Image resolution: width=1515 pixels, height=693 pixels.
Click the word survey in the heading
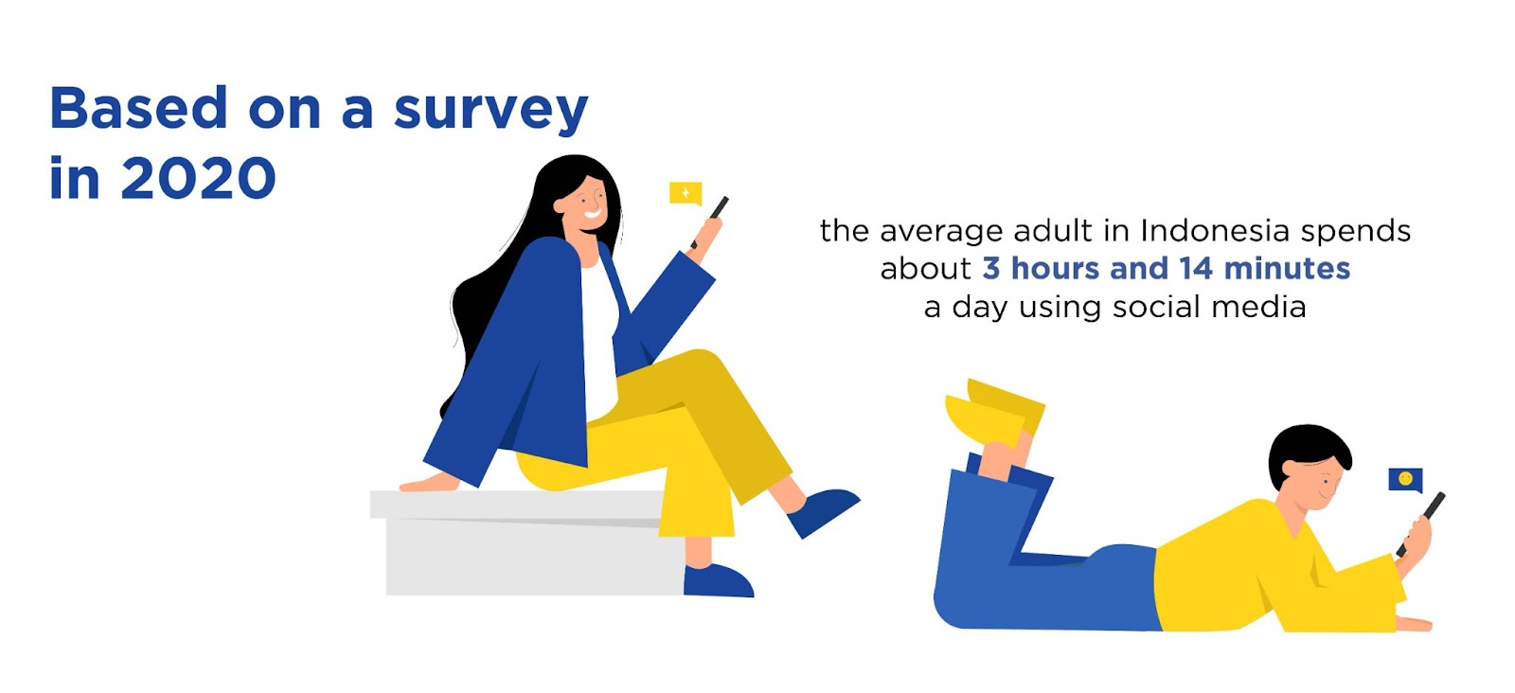click(x=491, y=110)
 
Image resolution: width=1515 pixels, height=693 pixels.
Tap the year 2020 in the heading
click(x=198, y=179)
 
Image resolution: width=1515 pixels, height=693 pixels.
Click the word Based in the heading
click(x=138, y=108)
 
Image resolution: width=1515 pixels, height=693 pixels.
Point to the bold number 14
click(x=1196, y=269)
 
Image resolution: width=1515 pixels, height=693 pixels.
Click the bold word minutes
click(x=1287, y=269)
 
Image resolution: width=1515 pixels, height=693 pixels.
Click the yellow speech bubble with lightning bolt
click(x=686, y=193)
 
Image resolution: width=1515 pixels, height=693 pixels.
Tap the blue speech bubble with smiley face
click(x=1405, y=479)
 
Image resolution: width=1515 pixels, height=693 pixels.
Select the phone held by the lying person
click(x=1422, y=523)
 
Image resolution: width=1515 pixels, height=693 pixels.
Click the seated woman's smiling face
click(x=585, y=204)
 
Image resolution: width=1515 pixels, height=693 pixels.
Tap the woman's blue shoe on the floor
click(x=718, y=581)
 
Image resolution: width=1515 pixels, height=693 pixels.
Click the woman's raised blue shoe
click(x=822, y=512)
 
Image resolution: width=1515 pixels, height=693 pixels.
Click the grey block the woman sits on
click(x=527, y=542)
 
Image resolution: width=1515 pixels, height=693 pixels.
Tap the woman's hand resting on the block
click(x=427, y=483)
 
